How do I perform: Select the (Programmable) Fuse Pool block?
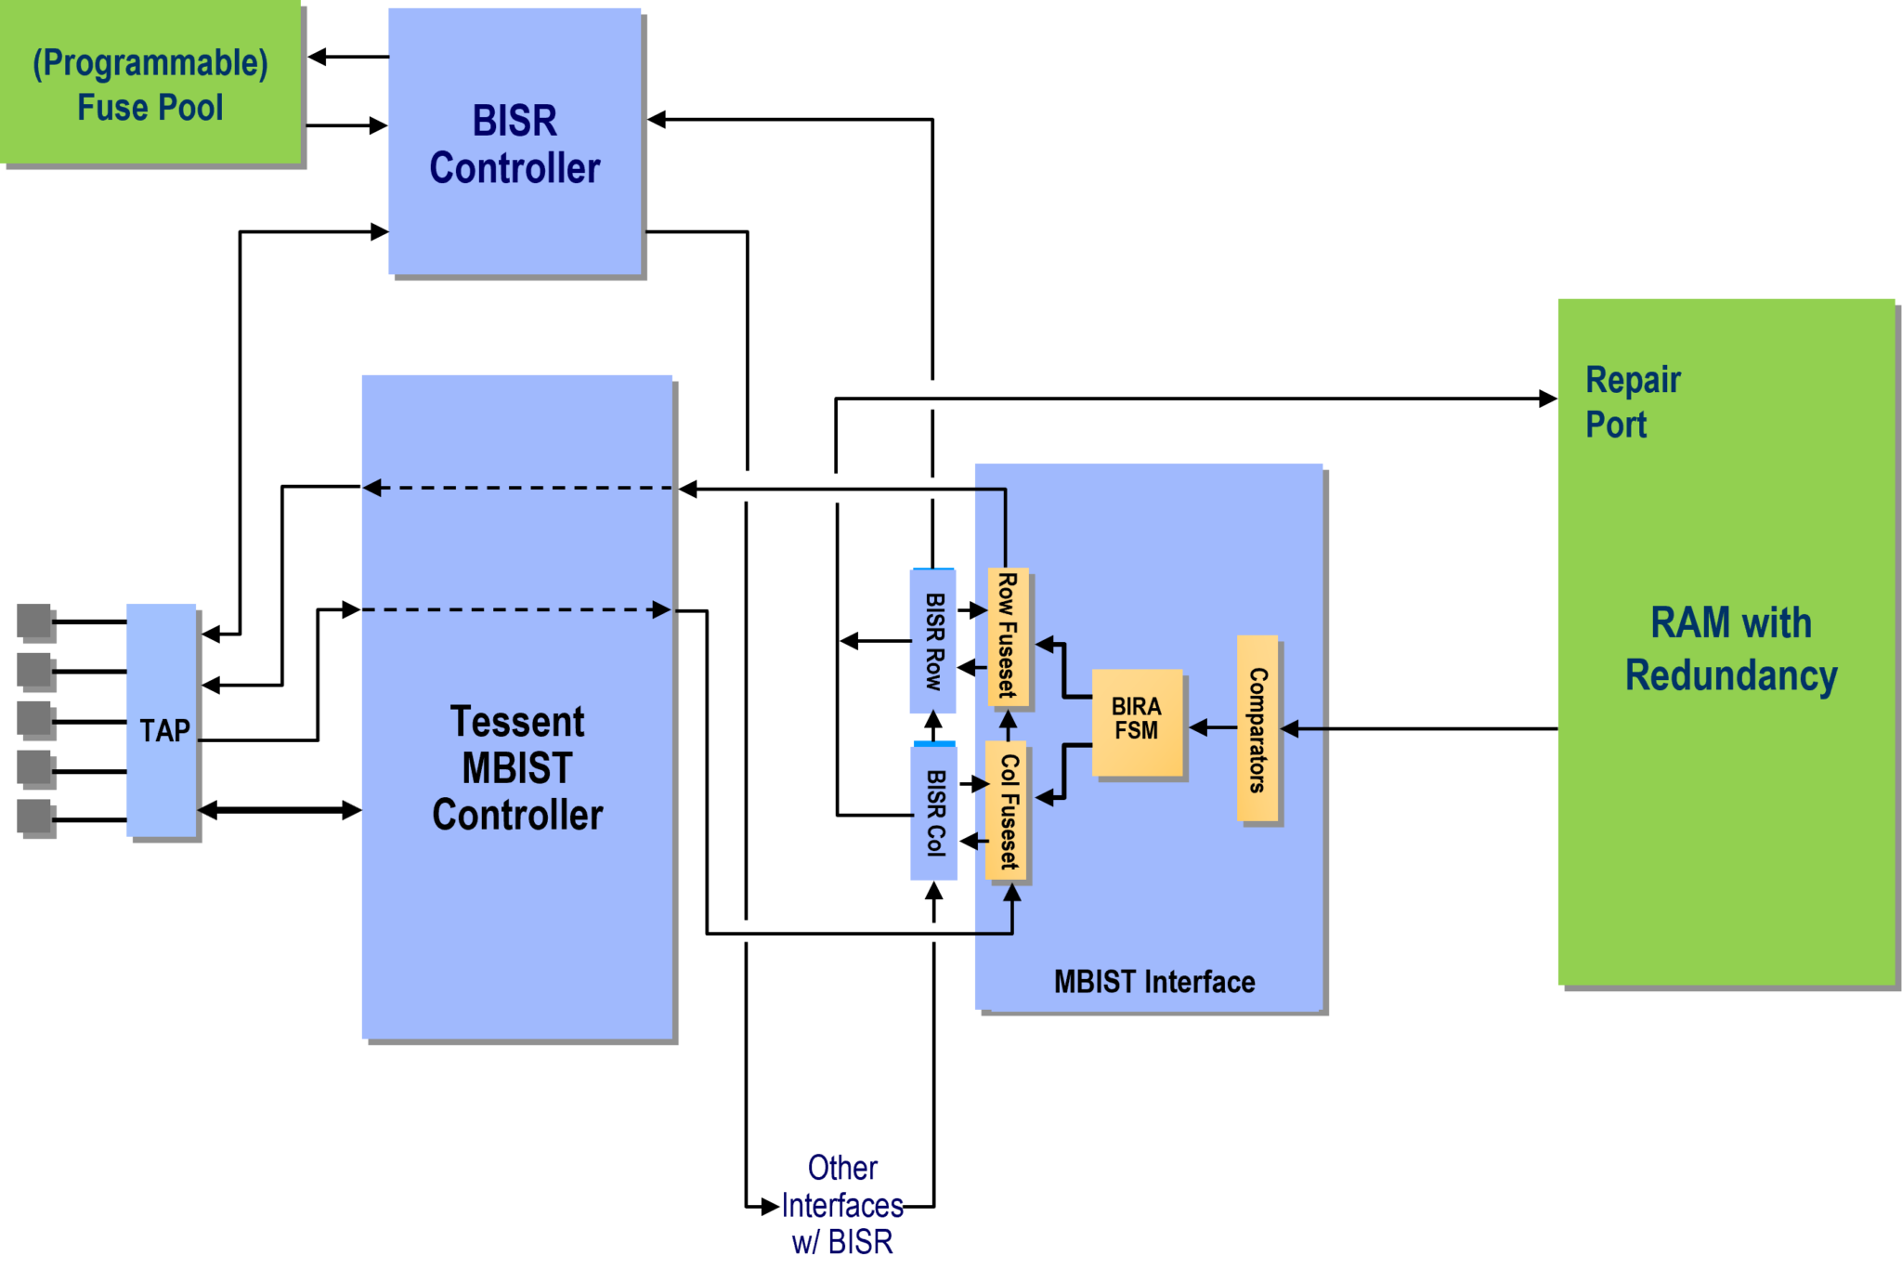click(150, 84)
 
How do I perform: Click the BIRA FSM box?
click(1137, 721)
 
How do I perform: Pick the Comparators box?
click(1257, 728)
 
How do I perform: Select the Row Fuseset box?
click(1008, 637)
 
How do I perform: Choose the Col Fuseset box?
click(1007, 810)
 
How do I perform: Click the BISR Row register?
click(933, 641)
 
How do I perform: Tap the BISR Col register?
click(934, 812)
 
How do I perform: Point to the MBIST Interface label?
click(1153, 982)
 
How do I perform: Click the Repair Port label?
click(1632, 401)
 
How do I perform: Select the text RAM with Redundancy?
click(1730, 648)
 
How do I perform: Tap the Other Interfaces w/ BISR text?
click(842, 1205)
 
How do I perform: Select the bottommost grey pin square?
click(36, 818)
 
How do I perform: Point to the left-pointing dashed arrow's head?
click(372, 488)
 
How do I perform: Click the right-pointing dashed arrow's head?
click(661, 610)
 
